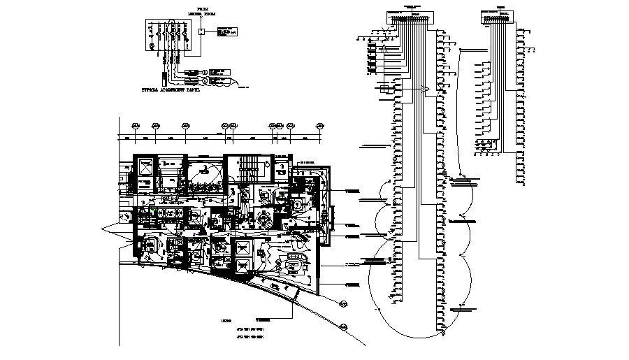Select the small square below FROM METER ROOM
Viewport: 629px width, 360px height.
[x=201, y=31]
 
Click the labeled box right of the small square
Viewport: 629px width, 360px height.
[x=225, y=31]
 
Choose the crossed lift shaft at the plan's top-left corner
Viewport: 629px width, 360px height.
[x=146, y=168]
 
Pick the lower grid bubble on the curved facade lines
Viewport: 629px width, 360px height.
[x=344, y=326]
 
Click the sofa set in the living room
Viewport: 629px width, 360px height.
[x=292, y=264]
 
